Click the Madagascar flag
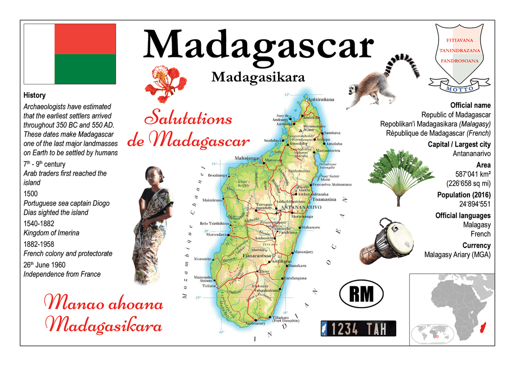pyautogui.click(x=70, y=54)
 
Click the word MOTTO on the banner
pyautogui.click(x=460, y=89)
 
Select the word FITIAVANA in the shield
pyautogui.click(x=460, y=40)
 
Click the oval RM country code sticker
pyautogui.click(x=361, y=294)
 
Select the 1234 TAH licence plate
pyautogui.click(x=358, y=329)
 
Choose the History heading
pyautogui.click(x=34, y=95)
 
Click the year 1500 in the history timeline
pyautogui.click(x=31, y=194)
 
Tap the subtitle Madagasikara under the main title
pyautogui.click(x=258, y=77)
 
